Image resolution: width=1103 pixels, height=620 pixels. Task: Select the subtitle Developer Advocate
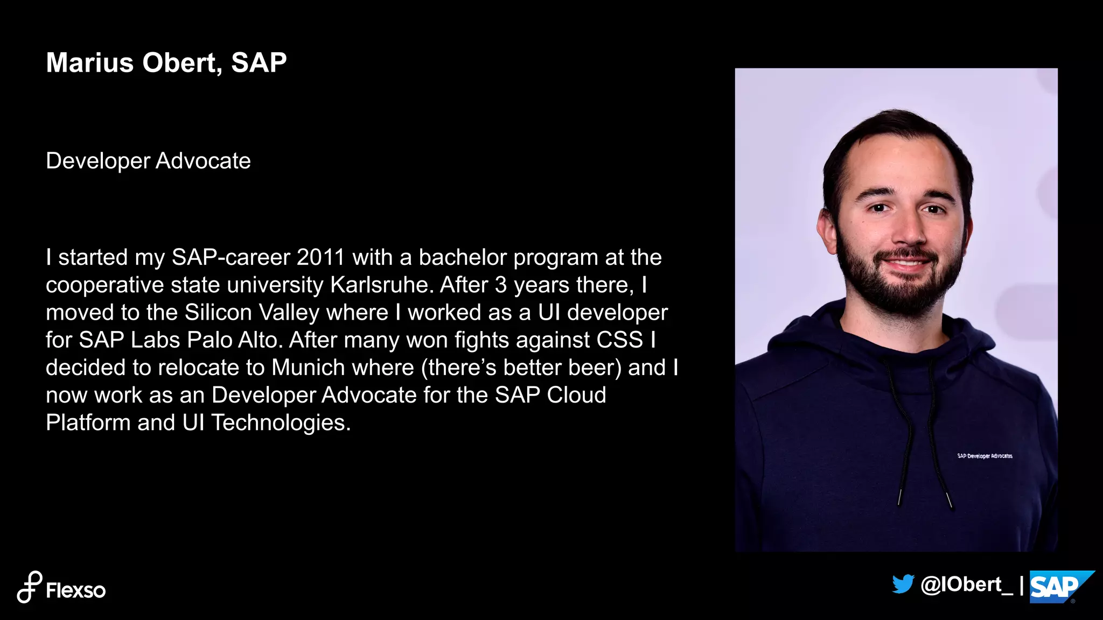(x=148, y=161)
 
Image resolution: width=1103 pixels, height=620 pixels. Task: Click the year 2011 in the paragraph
(x=320, y=257)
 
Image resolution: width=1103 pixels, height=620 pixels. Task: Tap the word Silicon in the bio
(x=218, y=313)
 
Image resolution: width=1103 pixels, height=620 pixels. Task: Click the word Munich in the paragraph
(x=308, y=368)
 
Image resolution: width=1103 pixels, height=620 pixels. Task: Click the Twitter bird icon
(x=903, y=584)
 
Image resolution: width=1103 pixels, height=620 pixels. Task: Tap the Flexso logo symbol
(x=29, y=587)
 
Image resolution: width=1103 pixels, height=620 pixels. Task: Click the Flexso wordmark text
(x=76, y=590)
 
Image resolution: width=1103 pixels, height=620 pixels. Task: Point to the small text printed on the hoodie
(x=985, y=456)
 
